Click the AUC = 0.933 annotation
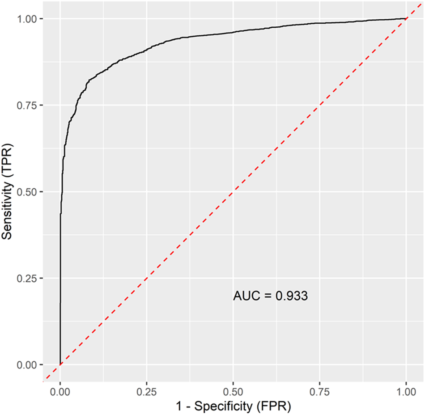tap(270, 296)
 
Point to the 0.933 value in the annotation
tap(291, 296)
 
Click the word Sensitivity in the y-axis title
tap(8, 207)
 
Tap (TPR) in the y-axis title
tap(8, 158)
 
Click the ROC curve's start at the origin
tap(60, 364)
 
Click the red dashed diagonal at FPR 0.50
tap(233, 192)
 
